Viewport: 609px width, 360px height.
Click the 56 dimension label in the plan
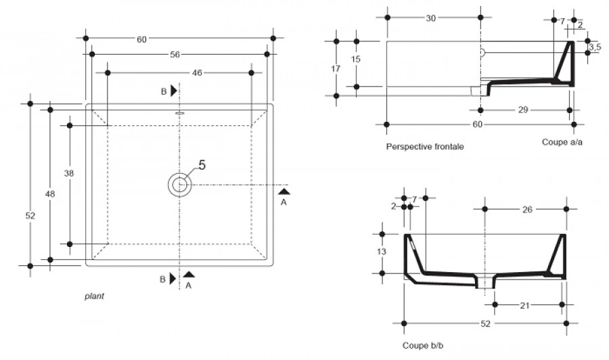pos(175,54)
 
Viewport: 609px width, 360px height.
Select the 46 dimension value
pos(197,72)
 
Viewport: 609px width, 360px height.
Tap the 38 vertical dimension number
pos(69,173)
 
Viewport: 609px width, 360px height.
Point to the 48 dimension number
pos(50,194)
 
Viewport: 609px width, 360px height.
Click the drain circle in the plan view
pos(180,185)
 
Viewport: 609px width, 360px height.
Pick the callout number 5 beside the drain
pos(202,165)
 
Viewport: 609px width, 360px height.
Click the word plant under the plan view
pos(94,296)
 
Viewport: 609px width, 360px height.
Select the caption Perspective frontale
pos(425,146)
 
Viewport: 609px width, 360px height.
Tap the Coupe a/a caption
pos(562,142)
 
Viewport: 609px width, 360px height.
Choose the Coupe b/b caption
pos(422,345)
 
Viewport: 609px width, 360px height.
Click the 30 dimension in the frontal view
pos(431,18)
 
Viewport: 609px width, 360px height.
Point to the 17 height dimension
pos(336,69)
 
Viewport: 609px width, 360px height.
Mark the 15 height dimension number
pos(355,59)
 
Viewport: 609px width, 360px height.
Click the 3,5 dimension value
pos(595,47)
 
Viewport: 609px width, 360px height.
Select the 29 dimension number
pos(523,110)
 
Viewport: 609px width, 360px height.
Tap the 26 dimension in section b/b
pos(527,210)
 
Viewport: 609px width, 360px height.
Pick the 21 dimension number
pos(524,306)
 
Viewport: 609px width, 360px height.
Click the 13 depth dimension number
pos(382,252)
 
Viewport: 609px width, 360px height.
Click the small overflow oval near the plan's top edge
pos(180,114)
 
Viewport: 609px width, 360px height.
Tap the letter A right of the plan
pos(284,202)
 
